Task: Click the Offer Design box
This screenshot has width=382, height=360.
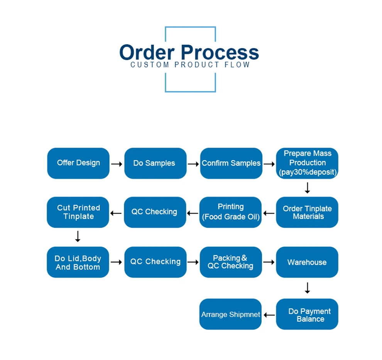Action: tap(78, 163)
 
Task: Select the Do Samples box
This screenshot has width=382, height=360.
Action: tap(156, 163)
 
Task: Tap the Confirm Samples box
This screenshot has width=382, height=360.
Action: tap(231, 163)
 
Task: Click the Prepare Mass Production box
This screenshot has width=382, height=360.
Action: tap(307, 163)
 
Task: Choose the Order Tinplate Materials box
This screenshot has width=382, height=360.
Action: tap(307, 212)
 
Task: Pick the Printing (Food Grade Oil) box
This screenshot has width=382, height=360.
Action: tap(230, 212)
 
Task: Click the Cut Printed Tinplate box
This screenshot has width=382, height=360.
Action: tap(78, 212)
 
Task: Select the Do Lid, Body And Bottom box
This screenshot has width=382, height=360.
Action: tap(78, 262)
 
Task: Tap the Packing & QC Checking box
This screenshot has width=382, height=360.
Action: tap(231, 262)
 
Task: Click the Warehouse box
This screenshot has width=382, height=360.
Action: tap(307, 262)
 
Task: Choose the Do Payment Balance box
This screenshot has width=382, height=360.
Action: tap(307, 314)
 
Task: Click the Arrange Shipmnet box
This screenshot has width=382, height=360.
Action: tap(230, 314)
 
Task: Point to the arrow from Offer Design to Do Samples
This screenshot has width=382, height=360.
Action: tap(117, 164)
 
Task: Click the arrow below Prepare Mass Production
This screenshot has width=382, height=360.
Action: tap(308, 188)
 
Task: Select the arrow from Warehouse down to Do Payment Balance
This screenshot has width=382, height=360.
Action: tap(308, 288)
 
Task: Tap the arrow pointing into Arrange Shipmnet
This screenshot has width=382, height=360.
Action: tap(269, 315)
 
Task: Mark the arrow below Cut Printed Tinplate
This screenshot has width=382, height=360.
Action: tap(78, 236)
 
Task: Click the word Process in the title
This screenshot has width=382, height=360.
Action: tap(220, 52)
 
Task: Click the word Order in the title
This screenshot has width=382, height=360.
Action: tap(147, 52)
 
